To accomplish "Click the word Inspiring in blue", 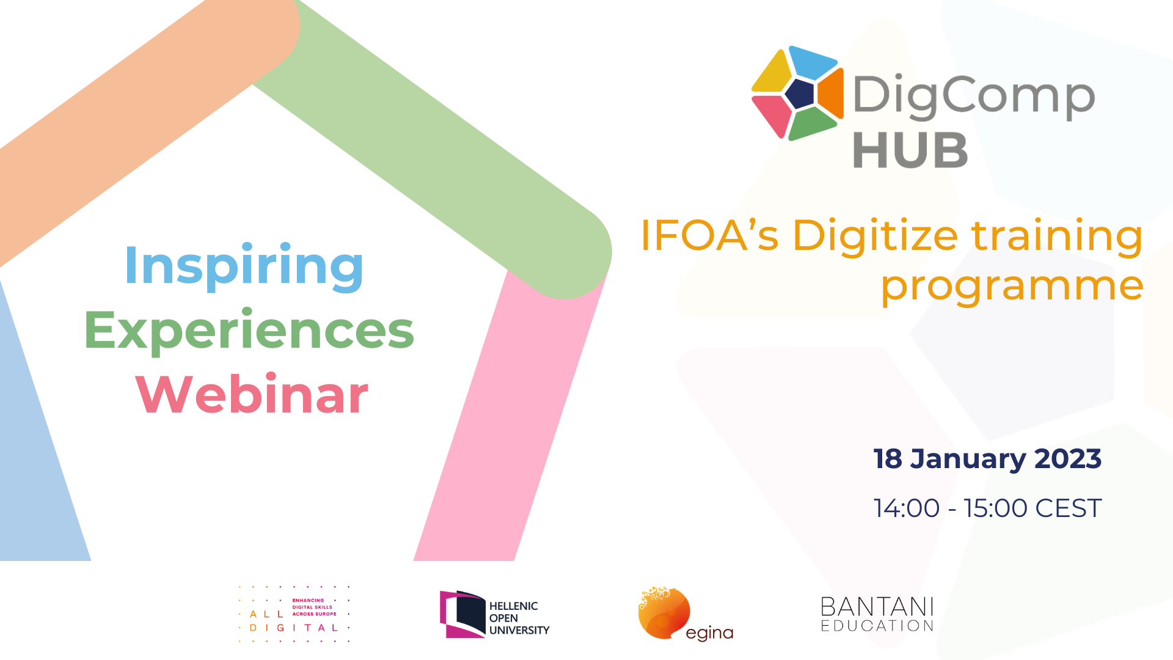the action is click(x=244, y=266).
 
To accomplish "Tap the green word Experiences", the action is click(x=249, y=331).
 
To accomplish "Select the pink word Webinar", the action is click(x=252, y=394).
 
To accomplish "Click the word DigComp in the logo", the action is click(x=974, y=97).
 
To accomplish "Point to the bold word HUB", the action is click(x=910, y=150).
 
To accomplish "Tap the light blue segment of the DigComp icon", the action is click(x=813, y=61).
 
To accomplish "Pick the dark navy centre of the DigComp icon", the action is click(x=800, y=94).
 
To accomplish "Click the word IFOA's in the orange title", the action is click(x=709, y=235).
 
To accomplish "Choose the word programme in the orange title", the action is click(x=1012, y=286).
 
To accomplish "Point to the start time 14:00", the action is click(x=907, y=508).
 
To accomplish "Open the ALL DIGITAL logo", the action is click(x=294, y=614).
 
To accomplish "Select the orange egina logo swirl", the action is click(x=663, y=613).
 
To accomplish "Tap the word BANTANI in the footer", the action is click(x=877, y=607).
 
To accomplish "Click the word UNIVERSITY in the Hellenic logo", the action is click(x=519, y=630).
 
